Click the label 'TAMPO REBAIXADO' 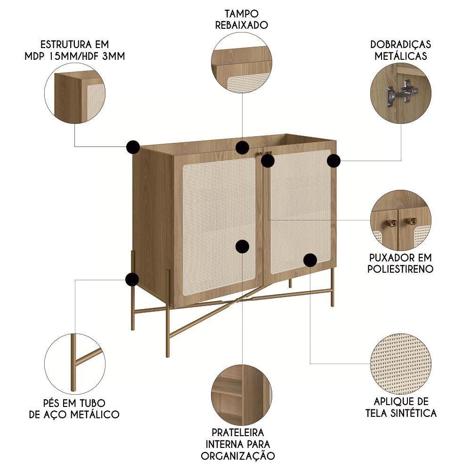click(242, 19)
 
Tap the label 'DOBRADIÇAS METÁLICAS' click(401, 50)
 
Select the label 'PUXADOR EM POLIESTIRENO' click(401, 263)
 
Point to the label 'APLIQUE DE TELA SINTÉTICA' click(401, 407)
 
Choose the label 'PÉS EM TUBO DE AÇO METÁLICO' click(74, 409)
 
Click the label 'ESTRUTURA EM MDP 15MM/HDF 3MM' click(75, 50)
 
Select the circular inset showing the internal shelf click(242, 394)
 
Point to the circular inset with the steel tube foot click(75, 364)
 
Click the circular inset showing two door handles click(401, 220)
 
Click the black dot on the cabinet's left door click(242, 246)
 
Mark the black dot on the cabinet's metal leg click(132, 279)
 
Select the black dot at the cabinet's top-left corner click(133, 147)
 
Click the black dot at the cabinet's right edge click(333, 161)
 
